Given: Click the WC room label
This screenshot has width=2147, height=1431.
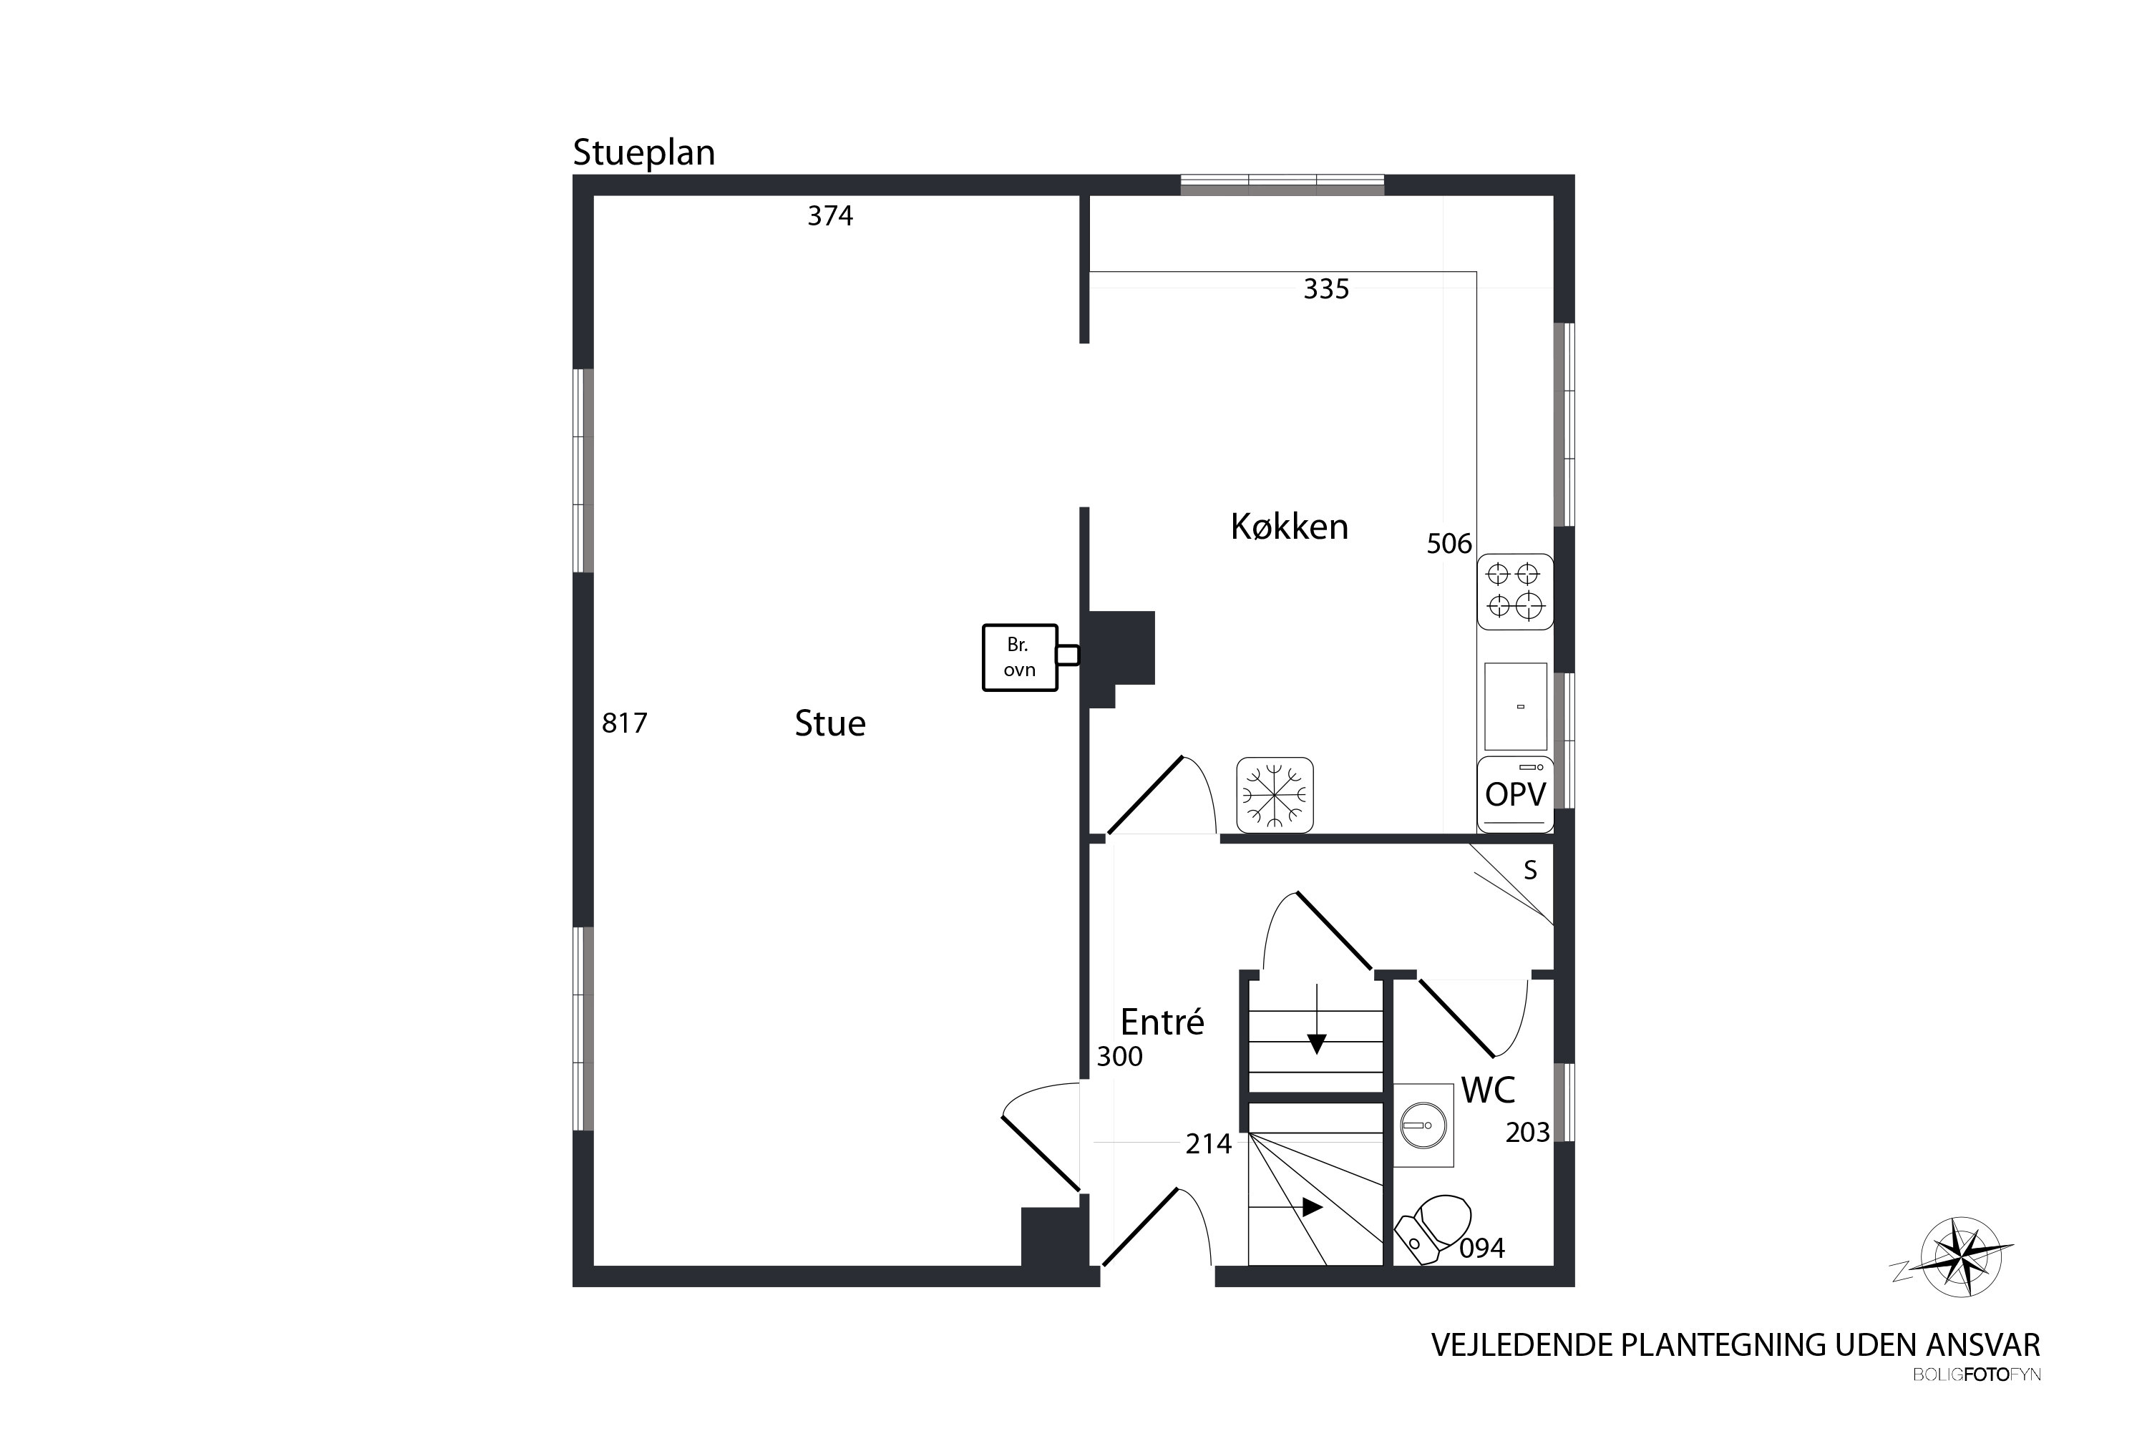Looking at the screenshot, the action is point(1488,1090).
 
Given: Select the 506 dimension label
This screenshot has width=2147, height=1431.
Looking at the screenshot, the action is point(1450,544).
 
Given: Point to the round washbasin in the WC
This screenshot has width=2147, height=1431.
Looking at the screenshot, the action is point(1423,1126).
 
